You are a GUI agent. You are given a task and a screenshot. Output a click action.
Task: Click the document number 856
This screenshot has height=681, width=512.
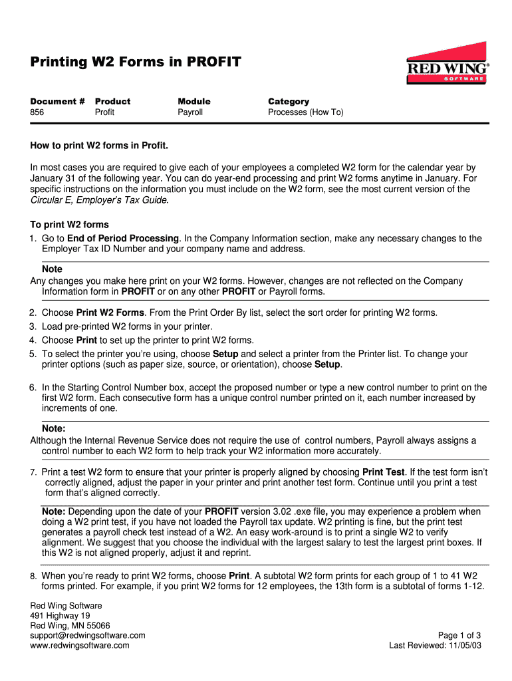point(37,112)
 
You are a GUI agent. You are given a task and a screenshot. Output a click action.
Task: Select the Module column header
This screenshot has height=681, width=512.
point(193,101)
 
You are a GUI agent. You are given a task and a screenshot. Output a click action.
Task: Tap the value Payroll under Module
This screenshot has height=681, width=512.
point(190,112)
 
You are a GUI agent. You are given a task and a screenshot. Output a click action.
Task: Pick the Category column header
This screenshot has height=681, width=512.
point(289,101)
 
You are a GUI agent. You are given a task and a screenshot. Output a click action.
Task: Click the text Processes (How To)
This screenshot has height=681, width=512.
point(306,112)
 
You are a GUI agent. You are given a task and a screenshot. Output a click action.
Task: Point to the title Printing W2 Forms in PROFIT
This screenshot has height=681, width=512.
point(136,63)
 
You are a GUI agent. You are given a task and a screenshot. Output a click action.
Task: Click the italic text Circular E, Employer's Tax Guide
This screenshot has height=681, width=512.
point(99,200)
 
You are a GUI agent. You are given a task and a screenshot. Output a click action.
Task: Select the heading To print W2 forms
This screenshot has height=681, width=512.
point(69,224)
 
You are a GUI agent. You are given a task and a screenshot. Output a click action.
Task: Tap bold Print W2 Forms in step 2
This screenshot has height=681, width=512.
point(110,313)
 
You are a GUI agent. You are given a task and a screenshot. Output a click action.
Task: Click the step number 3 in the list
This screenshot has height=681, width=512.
point(32,327)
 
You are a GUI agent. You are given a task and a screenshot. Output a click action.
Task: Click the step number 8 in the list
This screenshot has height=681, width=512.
point(33,576)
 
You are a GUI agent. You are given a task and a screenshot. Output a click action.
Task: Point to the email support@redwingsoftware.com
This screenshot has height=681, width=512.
point(88,635)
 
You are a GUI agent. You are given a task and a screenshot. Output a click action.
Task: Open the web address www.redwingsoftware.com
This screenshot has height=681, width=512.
point(80,645)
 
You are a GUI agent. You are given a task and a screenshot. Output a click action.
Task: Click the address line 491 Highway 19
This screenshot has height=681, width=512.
point(61,616)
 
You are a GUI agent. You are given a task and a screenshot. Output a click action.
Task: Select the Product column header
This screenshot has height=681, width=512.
point(113,101)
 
